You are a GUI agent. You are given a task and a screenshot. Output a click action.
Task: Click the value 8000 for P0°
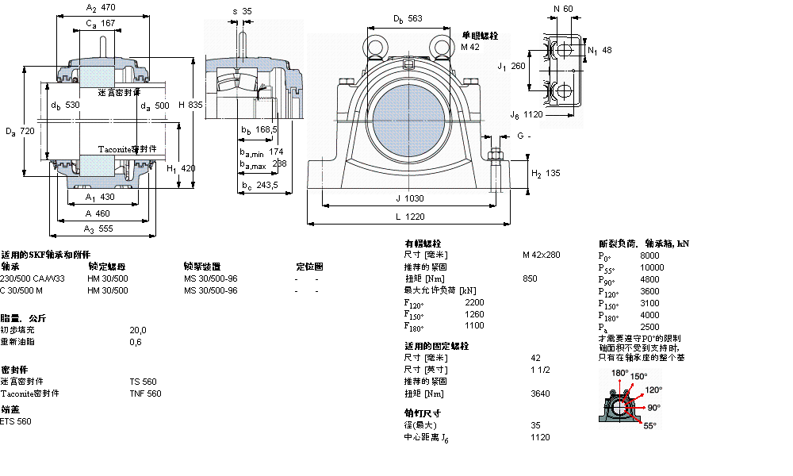[649, 256]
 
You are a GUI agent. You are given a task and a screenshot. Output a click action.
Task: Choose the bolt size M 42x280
[541, 255]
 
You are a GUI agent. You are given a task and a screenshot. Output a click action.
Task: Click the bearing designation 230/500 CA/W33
[33, 279]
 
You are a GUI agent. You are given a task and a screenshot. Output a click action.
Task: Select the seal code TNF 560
[145, 393]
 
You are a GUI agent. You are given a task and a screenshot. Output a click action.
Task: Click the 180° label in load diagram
[619, 373]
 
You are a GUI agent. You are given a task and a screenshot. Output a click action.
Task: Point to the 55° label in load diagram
[649, 426]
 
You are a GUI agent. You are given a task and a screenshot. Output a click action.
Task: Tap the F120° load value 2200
[473, 302]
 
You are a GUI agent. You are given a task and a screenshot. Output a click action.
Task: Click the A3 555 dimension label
[99, 228]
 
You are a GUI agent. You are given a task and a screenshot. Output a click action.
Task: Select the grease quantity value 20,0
[138, 330]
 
